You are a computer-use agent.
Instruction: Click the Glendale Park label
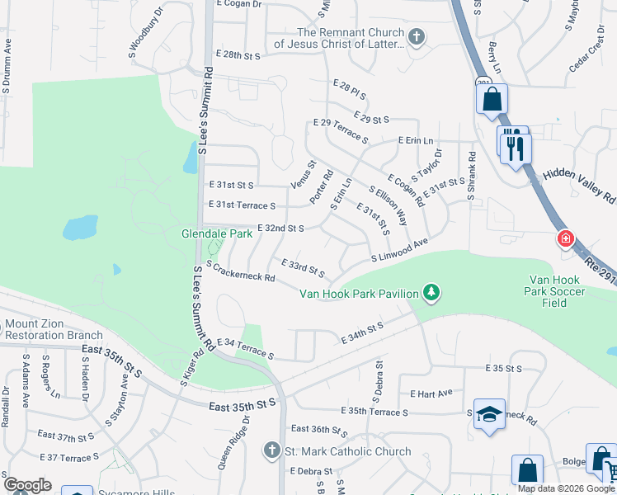[x=217, y=233]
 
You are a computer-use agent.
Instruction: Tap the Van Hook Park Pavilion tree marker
[x=431, y=292]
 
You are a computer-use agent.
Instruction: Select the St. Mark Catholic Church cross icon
[x=272, y=450]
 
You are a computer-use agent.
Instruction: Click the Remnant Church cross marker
[x=417, y=36]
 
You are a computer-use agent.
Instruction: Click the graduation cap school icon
[x=489, y=414]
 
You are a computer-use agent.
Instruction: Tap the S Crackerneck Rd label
[x=241, y=271]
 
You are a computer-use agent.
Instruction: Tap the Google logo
[x=27, y=485]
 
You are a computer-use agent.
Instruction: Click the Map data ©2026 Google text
[x=566, y=488]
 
